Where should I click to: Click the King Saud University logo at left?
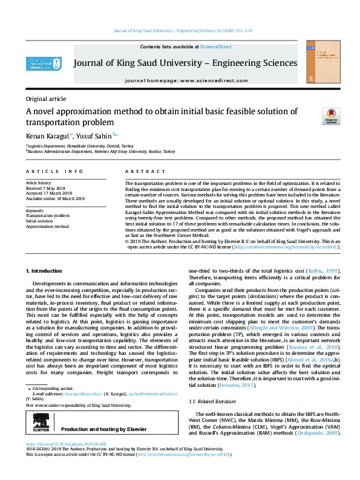click(x=44, y=63)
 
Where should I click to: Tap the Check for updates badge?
click(x=314, y=116)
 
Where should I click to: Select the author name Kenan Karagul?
click(x=48, y=137)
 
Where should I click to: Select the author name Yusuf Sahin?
click(x=94, y=137)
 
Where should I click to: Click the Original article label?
click(x=46, y=99)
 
